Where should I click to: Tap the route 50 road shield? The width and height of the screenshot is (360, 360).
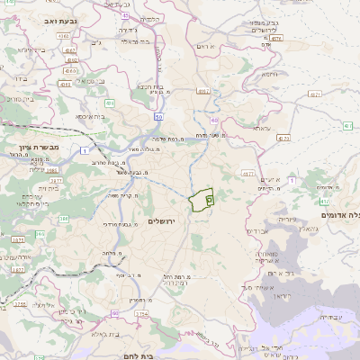pos(159,118)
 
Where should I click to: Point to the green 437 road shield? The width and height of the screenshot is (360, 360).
pos(276,38)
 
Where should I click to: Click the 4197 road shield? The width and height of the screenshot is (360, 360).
pos(203,91)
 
